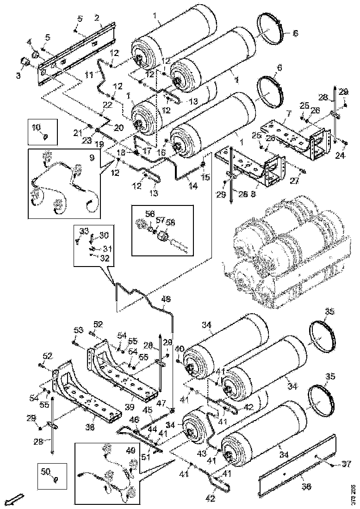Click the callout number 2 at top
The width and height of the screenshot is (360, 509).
pyautogui.click(x=97, y=18)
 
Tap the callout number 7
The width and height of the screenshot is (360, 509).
pyautogui.click(x=288, y=113)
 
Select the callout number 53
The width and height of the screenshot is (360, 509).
pyautogui.click(x=77, y=330)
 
